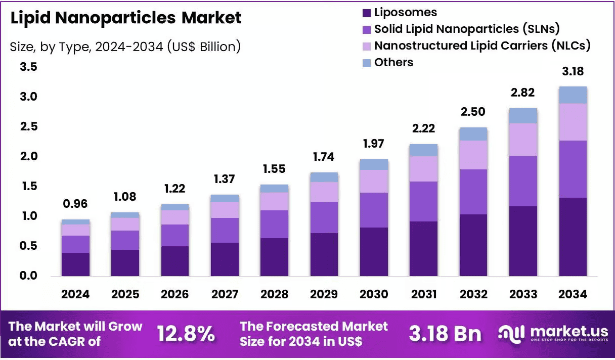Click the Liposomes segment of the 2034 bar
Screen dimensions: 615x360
[573, 237]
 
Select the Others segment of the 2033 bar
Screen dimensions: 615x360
[523, 116]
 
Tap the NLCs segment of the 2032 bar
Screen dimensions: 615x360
[473, 155]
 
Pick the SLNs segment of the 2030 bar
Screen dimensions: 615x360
[374, 210]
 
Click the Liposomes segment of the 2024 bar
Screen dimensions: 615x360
[75, 264]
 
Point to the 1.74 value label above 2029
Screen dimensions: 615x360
[324, 157]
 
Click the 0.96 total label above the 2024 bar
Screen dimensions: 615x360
[75, 204]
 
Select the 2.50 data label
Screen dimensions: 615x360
[473, 112]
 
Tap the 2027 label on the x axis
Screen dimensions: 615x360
[225, 294]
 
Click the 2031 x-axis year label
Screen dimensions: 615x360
[424, 294]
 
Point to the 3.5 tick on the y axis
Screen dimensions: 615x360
[28, 67]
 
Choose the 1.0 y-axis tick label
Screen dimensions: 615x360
[30, 216]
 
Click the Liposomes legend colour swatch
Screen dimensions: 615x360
[367, 13]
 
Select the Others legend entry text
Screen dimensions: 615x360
[393, 63]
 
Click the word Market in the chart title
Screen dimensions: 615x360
[211, 18]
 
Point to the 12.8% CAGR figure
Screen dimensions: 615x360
[186, 334]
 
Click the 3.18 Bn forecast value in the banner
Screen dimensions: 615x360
[445, 334]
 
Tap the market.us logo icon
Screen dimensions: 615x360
[511, 334]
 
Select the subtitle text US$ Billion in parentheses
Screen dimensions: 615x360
[204, 47]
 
